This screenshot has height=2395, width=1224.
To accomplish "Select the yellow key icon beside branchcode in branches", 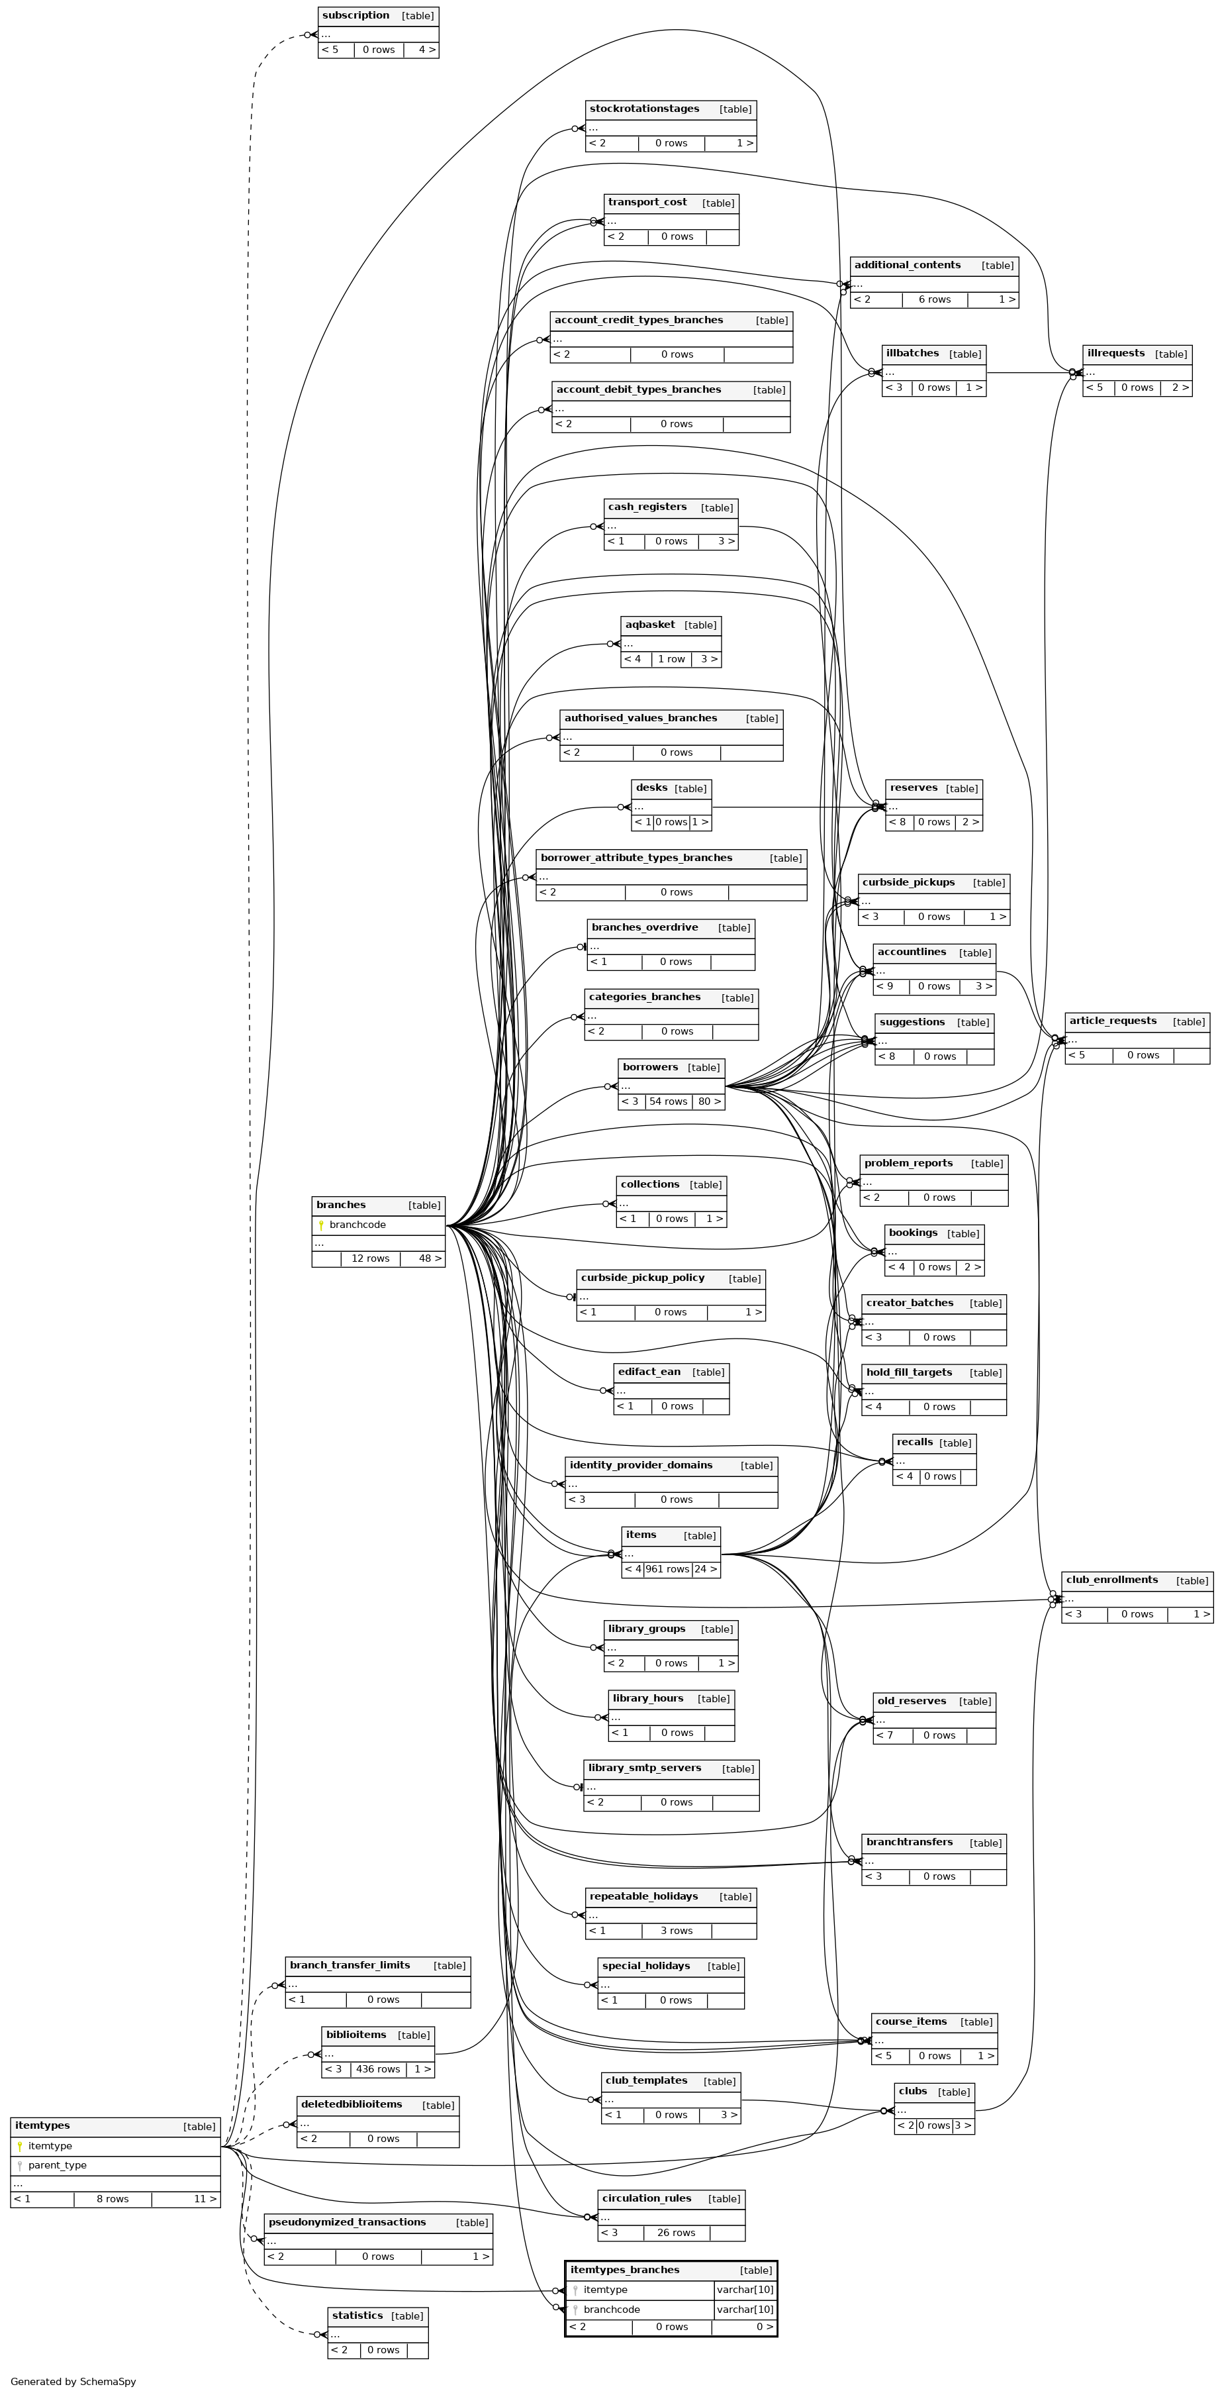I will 320,1225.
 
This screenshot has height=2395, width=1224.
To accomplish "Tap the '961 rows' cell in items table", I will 667,1569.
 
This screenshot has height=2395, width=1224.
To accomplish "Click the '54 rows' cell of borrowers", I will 668,1101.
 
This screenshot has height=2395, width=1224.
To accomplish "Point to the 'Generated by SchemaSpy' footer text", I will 73,2382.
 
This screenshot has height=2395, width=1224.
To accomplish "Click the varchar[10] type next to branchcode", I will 745,2310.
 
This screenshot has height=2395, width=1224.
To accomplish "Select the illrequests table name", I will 1115,353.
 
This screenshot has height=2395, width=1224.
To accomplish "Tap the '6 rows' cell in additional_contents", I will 934,299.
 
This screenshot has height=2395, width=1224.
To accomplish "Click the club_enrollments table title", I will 1111,1580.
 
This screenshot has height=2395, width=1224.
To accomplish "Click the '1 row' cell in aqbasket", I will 671,659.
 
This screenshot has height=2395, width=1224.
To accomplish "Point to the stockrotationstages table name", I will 644,109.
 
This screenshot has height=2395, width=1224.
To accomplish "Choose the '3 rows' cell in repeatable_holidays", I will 676,1931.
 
